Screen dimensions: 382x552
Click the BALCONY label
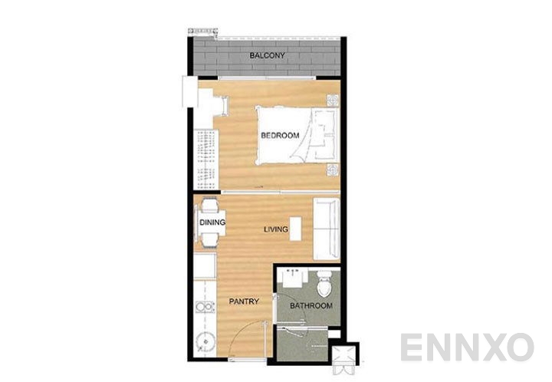(268, 56)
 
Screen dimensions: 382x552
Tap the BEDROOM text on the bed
(279, 136)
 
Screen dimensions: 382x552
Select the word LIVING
(275, 229)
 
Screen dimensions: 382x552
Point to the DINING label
(212, 223)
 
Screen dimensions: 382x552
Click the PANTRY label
(243, 302)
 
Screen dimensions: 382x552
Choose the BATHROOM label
(310, 306)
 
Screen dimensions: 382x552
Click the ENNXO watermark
(466, 347)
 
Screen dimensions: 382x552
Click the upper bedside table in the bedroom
(332, 100)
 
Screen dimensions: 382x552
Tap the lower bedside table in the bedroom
(332, 170)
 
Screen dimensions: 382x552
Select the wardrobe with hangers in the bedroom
(204, 157)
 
